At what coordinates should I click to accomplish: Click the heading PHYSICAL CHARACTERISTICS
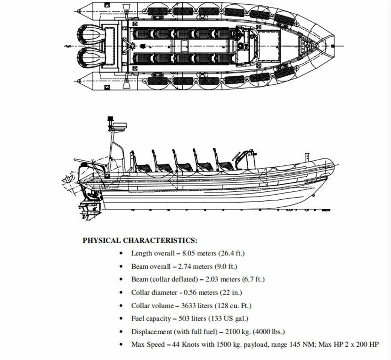point(140,240)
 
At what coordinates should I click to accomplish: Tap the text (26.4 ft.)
point(230,254)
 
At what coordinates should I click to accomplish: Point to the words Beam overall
point(151,267)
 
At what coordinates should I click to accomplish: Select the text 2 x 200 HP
point(360,344)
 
